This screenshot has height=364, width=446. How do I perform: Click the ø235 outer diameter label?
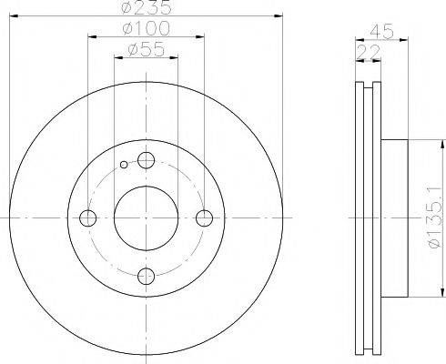(147, 10)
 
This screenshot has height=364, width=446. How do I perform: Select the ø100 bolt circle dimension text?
(147, 32)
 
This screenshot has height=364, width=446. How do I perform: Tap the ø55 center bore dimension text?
(147, 51)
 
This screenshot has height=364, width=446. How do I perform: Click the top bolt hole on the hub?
(147, 161)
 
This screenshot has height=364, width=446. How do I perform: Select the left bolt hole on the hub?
(88, 218)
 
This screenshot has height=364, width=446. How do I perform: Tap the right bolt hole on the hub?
(205, 217)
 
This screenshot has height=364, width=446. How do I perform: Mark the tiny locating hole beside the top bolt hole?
(125, 166)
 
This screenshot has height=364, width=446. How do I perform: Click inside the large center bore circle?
(147, 218)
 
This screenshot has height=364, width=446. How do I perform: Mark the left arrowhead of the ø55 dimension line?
(117, 59)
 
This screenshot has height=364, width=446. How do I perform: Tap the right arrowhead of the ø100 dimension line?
(201, 39)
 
